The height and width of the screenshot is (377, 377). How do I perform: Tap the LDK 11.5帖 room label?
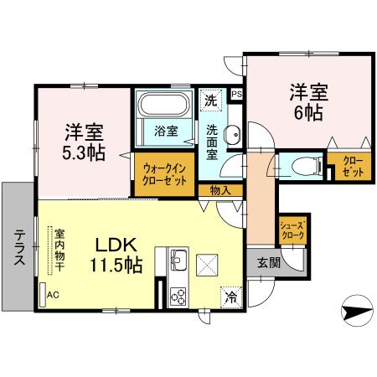coord(116,256)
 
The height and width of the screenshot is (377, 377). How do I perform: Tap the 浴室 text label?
coord(166,132)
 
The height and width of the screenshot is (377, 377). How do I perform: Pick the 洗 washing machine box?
coord(213,99)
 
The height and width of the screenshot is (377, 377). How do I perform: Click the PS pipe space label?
coord(237,94)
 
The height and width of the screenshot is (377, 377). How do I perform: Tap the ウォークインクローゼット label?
coord(165,174)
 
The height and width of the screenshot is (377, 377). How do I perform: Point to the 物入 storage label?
coord(220,190)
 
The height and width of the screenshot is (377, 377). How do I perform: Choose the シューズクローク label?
coord(292,230)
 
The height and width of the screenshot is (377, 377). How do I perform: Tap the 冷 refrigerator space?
coord(230,296)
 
